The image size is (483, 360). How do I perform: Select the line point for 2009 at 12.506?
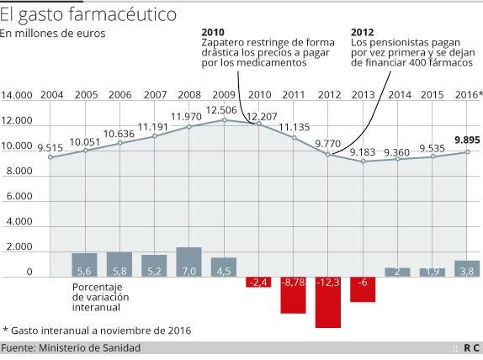tap(225, 119)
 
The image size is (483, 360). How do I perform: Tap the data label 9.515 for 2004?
tap(50, 148)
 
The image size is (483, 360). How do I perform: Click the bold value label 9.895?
tap(467, 140)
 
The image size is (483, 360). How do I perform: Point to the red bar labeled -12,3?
tap(328, 302)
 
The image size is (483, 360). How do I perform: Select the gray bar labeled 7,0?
tap(189, 262)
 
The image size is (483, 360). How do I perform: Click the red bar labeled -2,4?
tap(258, 282)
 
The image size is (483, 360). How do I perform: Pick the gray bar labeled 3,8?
tap(467, 268)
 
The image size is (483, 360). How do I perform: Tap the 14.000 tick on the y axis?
tap(17, 95)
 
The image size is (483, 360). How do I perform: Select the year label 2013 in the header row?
tap(364, 95)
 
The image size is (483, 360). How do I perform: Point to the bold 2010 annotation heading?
tap(213, 31)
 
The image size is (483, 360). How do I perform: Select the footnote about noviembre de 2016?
tap(98, 330)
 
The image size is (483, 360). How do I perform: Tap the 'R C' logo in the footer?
tap(471, 348)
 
